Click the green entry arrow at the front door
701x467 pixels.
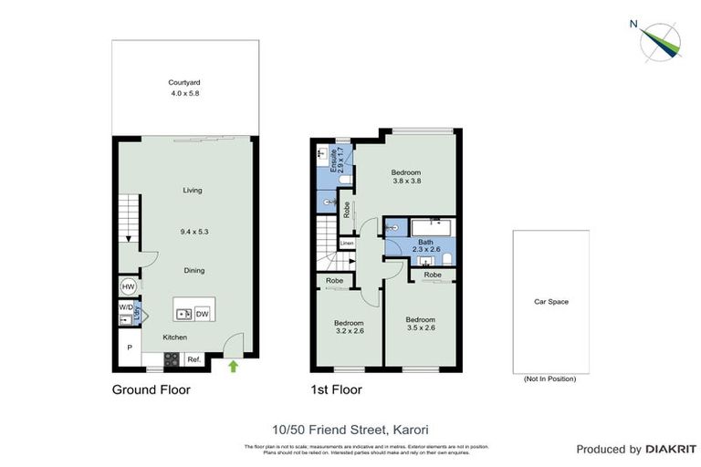tap(233, 367)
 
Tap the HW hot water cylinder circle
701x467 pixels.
tap(128, 286)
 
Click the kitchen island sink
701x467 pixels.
tap(183, 314)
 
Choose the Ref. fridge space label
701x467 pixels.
tap(194, 359)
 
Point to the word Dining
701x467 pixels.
tap(192, 270)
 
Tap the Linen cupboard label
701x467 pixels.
tap(347, 244)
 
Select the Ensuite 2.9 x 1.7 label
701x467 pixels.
tap(337, 160)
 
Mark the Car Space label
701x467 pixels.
tap(550, 301)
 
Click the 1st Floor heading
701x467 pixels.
tap(337, 390)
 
